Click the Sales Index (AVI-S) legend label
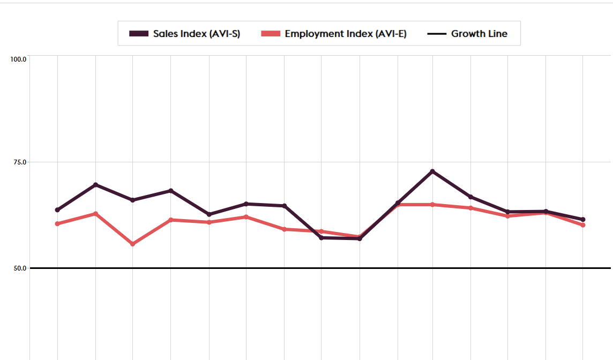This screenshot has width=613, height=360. [197, 34]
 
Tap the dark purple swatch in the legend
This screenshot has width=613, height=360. [139, 34]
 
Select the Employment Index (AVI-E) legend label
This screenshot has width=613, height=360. [346, 34]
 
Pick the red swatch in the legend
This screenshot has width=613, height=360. [271, 34]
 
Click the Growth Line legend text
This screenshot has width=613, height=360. [479, 34]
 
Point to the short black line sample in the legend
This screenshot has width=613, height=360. [437, 34]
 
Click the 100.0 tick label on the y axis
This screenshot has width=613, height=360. [19, 59]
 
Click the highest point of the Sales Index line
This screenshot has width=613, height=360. [432, 171]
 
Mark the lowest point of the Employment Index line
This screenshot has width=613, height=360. [133, 244]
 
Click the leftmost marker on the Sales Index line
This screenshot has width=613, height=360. [57, 209]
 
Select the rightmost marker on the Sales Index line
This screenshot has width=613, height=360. [583, 220]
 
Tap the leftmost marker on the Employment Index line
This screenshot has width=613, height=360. [57, 223]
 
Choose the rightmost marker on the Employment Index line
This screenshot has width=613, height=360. [583, 225]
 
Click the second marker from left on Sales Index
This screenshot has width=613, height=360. [95, 185]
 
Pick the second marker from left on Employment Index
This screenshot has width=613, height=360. [95, 214]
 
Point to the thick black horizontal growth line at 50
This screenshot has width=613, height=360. [322, 268]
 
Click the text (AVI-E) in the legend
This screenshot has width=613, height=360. [390, 34]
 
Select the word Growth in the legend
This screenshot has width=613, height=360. [468, 34]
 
